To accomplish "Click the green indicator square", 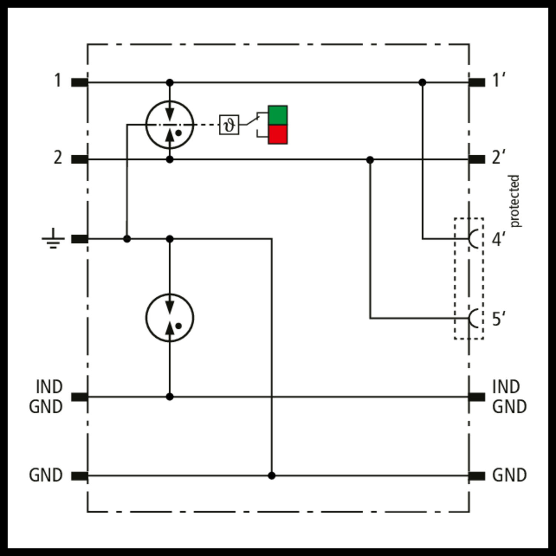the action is pyautogui.click(x=278, y=115).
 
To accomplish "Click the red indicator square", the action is pyautogui.click(x=278, y=134).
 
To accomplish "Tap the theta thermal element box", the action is pyautogui.click(x=229, y=125).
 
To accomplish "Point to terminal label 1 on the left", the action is pyautogui.click(x=57, y=80).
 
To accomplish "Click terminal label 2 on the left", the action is pyautogui.click(x=58, y=158).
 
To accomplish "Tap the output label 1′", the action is pyautogui.click(x=499, y=80).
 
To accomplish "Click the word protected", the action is pyautogui.click(x=514, y=201).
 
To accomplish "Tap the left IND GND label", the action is pyautogui.click(x=46, y=397).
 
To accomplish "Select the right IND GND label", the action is pyautogui.click(x=510, y=397).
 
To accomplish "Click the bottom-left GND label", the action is pyautogui.click(x=46, y=475).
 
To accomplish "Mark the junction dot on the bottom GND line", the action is pyautogui.click(x=272, y=476).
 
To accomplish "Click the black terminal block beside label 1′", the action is pyautogui.click(x=477, y=82).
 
